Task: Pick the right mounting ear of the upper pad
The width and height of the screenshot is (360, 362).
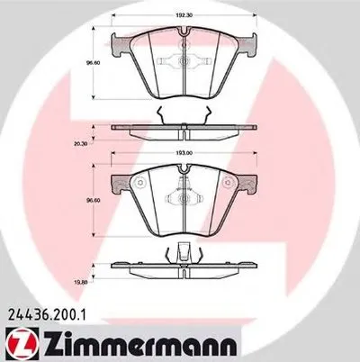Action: [x=250, y=41]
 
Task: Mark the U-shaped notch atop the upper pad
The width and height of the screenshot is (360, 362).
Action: [x=184, y=37]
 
